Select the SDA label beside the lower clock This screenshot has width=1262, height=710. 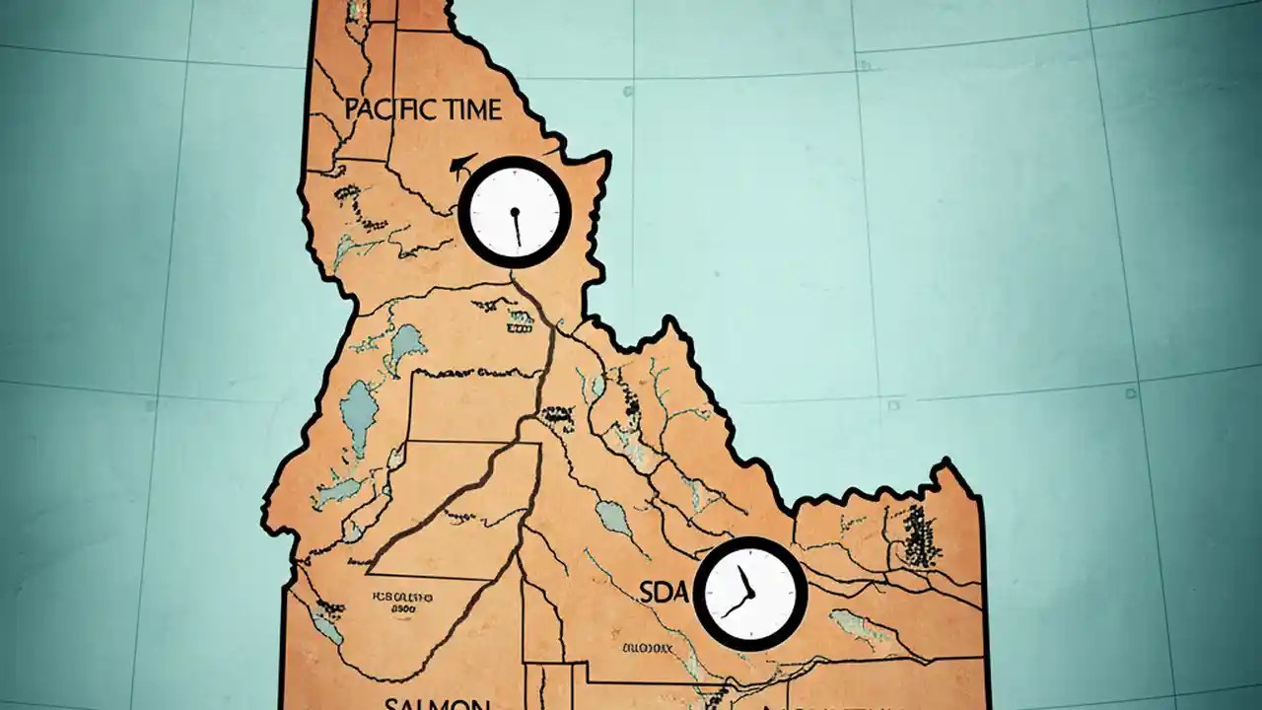click(662, 592)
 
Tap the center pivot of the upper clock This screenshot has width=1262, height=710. click(515, 211)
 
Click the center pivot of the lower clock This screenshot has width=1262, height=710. click(750, 594)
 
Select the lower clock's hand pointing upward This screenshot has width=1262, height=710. click(743, 580)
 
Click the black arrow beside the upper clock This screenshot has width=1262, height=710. click(458, 166)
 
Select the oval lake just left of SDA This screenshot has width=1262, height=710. click(613, 518)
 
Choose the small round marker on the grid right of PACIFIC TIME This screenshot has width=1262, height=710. click(629, 91)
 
